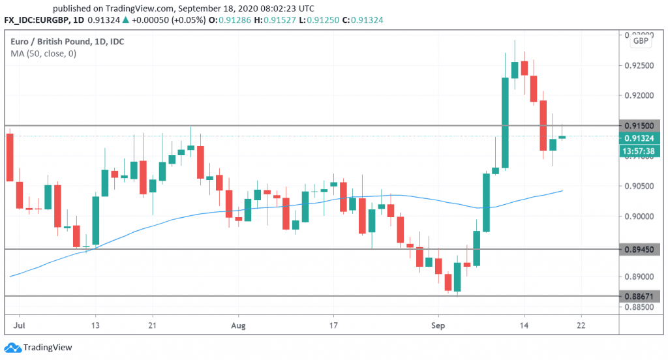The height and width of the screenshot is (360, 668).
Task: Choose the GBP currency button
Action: tap(640, 41)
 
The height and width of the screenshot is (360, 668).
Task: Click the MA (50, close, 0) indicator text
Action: tap(44, 53)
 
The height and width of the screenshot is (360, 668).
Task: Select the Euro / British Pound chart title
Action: tap(68, 42)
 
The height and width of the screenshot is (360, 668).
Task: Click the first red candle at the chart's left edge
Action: tap(10, 157)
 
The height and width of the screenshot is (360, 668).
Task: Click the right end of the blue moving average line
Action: tap(562, 191)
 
